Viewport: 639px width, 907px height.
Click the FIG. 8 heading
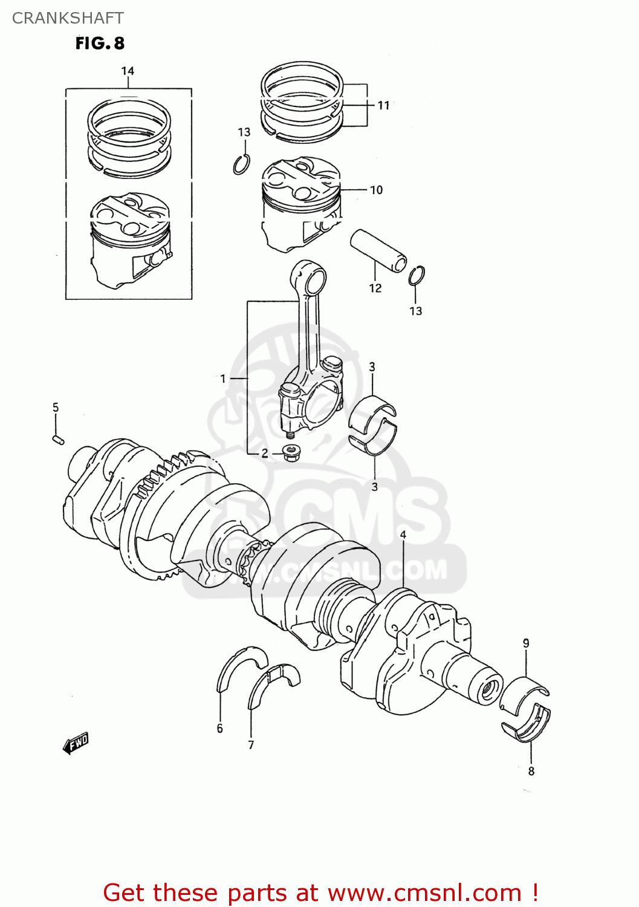(x=100, y=44)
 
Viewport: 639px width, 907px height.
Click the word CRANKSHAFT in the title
(x=68, y=18)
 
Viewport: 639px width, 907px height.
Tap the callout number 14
(x=128, y=71)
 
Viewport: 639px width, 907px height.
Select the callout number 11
(x=383, y=105)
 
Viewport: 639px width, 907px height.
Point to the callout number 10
(x=376, y=190)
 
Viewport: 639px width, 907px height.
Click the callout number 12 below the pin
(x=375, y=288)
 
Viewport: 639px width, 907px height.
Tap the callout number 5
(x=56, y=408)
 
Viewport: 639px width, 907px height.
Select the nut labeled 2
(x=292, y=453)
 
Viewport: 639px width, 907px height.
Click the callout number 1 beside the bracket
(x=223, y=379)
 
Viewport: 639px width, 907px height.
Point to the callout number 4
(x=403, y=535)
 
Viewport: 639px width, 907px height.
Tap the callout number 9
(x=526, y=643)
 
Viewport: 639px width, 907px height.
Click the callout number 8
(x=531, y=771)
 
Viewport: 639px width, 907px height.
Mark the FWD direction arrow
(x=76, y=743)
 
